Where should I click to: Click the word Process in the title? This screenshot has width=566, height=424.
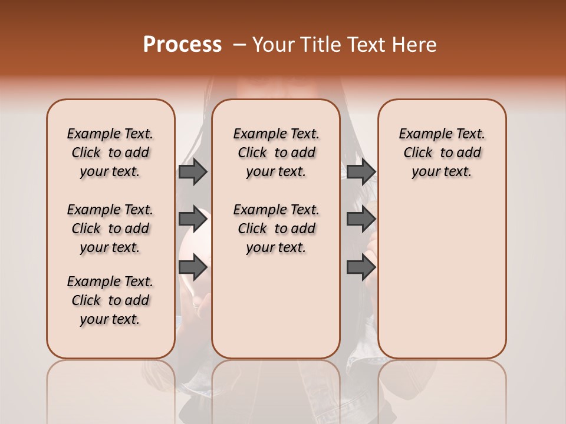(x=182, y=45)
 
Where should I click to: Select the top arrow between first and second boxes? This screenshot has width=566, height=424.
(x=192, y=171)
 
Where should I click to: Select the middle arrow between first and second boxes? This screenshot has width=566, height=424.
(x=192, y=219)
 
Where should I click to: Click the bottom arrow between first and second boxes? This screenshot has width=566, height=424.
(x=192, y=267)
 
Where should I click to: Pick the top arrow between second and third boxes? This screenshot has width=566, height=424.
(x=361, y=171)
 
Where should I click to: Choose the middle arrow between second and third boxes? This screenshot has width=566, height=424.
(x=361, y=219)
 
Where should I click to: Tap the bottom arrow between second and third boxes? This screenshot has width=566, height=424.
(x=361, y=267)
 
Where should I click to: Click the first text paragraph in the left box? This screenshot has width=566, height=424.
(x=110, y=153)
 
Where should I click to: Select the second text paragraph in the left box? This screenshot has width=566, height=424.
(x=110, y=228)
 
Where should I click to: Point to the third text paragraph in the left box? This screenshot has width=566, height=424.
(x=110, y=300)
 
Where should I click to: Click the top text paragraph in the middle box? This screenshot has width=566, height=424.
(x=276, y=153)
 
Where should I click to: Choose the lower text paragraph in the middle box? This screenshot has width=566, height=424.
(x=276, y=228)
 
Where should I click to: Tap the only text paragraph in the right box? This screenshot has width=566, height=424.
(x=442, y=153)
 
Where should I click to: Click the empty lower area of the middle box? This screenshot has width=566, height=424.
(x=276, y=306)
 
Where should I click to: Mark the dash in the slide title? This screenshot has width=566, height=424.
(x=239, y=45)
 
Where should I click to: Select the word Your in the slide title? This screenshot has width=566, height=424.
(x=274, y=45)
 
